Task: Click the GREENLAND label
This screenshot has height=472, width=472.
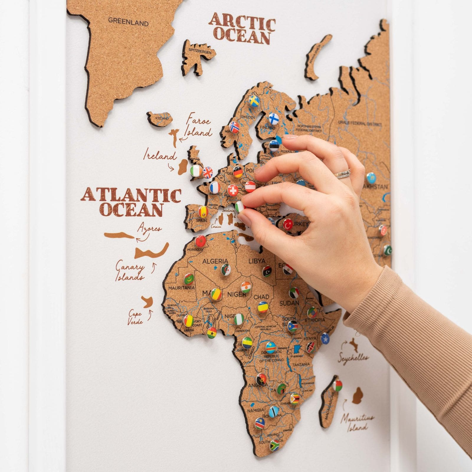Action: click(x=128, y=22)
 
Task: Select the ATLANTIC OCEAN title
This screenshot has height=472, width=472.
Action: click(x=131, y=202)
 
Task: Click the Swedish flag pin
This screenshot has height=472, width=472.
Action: click(x=254, y=101)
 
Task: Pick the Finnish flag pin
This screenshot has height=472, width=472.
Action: click(x=273, y=119)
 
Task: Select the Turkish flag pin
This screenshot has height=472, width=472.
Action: click(x=288, y=224)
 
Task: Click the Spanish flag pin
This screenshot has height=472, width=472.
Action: click(x=203, y=211)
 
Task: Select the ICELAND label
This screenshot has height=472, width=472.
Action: click(x=162, y=118)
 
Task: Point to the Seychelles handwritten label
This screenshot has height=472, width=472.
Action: click(x=353, y=357)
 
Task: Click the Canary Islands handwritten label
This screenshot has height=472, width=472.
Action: click(x=130, y=271)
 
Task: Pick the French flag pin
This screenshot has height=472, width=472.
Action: click(x=215, y=187)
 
